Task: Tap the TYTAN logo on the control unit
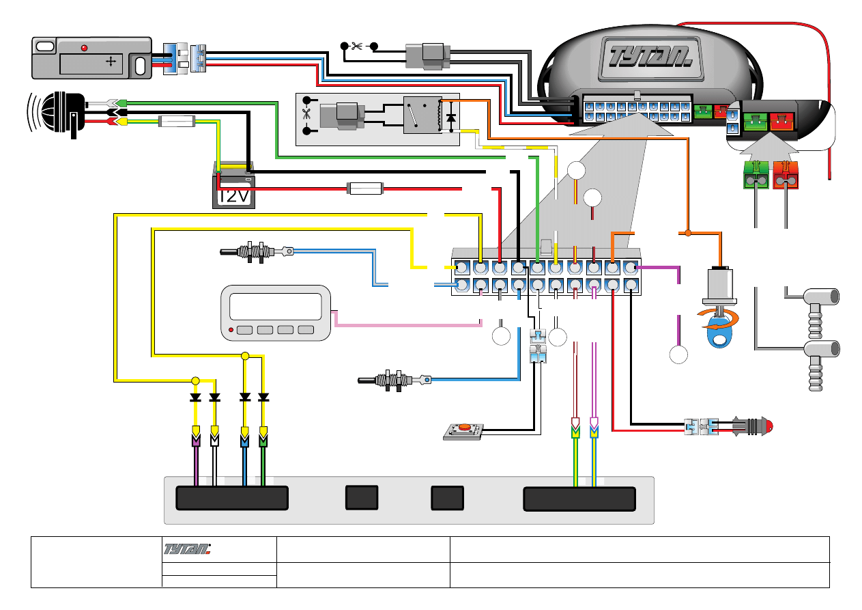click(647, 55)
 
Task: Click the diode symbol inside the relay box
click(450, 117)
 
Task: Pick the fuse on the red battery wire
click(366, 187)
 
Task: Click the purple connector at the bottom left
click(197, 437)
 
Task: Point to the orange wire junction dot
click(688, 234)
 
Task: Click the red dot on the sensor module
click(84, 48)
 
